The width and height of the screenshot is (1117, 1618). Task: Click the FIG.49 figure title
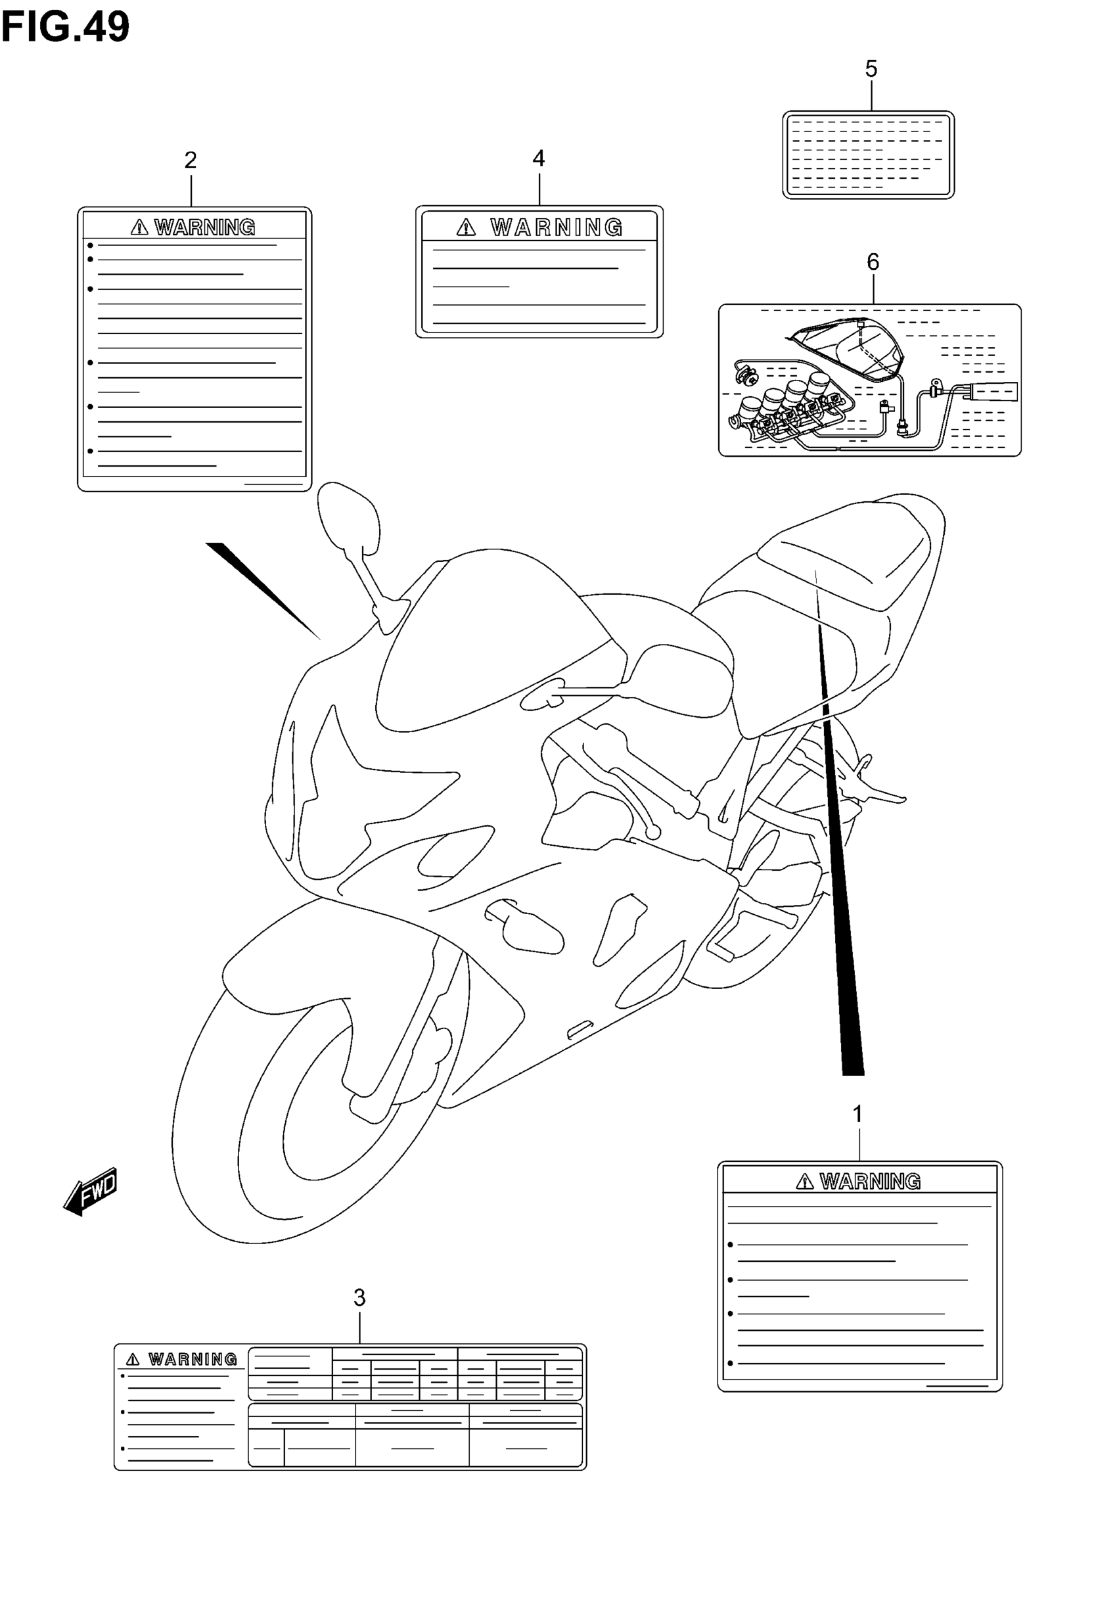(65, 26)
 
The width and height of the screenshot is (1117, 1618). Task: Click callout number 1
(858, 1113)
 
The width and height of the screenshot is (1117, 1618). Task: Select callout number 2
(191, 161)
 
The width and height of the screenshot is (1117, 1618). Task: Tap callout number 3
(359, 1298)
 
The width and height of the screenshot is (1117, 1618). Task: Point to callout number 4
(538, 159)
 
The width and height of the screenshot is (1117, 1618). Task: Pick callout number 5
(871, 69)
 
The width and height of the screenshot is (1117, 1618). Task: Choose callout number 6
(873, 262)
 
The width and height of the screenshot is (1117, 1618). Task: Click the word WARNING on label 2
(205, 227)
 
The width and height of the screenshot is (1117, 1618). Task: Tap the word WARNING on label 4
(557, 227)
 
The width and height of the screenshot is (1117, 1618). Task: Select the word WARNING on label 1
(870, 1182)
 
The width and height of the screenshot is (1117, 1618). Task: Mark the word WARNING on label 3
(193, 1359)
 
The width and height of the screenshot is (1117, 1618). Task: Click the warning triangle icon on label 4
(466, 227)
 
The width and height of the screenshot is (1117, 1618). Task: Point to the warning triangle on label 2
(139, 227)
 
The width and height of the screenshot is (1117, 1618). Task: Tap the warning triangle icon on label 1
(805, 1182)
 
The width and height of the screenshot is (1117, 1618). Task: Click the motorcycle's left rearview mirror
(348, 518)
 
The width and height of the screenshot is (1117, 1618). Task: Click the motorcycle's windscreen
(490, 637)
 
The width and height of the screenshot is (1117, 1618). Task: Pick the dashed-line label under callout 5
(868, 154)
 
